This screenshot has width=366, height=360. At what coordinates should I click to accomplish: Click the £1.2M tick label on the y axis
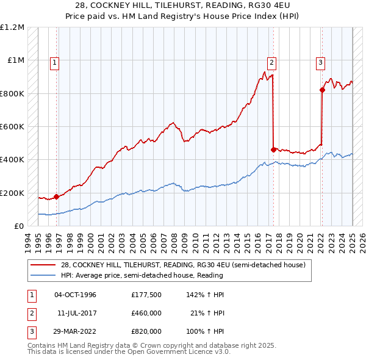12,27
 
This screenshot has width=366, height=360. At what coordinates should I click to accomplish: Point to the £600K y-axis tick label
12,127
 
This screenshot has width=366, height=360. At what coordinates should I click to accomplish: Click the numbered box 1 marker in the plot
55,62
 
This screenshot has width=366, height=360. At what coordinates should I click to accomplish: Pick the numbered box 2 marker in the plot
271,62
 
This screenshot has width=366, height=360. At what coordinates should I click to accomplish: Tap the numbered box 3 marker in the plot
320,62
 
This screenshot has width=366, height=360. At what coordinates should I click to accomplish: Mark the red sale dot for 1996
56,196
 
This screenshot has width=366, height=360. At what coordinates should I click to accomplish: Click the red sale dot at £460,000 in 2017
273,149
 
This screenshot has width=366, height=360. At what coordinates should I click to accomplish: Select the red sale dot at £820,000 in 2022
322,90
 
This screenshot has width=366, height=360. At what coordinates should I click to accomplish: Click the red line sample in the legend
43,265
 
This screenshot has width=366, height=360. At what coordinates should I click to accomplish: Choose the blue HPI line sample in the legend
43,275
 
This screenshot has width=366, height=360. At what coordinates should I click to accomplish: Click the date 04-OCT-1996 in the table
75,295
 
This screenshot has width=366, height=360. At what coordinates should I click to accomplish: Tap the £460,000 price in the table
146,313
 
